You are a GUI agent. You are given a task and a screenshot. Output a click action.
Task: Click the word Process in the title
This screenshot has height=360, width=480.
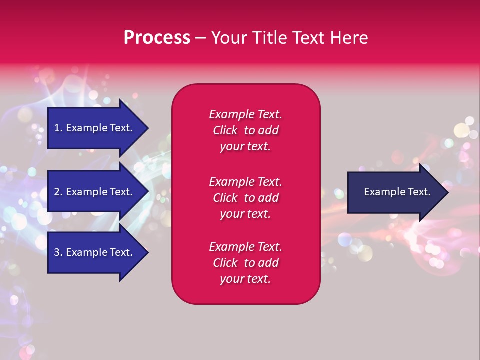coord(157,37)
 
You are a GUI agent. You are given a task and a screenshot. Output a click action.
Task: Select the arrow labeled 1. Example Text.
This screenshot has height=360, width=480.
coord(98,128)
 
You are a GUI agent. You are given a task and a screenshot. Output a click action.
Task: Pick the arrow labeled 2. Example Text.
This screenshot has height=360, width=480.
coord(98,191)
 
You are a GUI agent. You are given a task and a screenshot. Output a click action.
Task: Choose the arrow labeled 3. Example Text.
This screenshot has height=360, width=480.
coord(98,252)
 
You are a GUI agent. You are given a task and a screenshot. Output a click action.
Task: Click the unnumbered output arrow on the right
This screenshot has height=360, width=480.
coord(398,192)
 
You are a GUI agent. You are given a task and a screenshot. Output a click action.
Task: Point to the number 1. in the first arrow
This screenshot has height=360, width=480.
coord(58,128)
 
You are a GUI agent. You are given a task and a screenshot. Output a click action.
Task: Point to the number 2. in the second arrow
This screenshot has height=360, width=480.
coord(58,192)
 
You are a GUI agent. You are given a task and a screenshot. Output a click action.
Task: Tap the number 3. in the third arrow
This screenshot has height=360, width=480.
coord(58,252)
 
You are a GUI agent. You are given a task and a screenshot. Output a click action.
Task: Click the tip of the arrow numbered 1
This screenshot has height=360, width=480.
coord(149,128)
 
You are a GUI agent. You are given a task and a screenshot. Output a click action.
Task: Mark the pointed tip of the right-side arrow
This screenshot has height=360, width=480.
coord(449,192)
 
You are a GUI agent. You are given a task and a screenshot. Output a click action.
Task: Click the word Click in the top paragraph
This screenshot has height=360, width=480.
coord(225,130)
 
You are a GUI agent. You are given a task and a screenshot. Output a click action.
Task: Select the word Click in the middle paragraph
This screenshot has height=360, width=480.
coord(225,198)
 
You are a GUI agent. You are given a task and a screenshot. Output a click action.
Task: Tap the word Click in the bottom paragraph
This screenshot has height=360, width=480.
coord(225,262)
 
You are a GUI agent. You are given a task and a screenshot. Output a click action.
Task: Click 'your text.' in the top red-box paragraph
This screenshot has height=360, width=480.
coord(245,146)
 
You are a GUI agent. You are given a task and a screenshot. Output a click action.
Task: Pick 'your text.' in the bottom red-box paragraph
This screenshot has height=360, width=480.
coord(245,279)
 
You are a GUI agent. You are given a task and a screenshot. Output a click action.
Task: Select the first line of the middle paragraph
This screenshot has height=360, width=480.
coord(245,182)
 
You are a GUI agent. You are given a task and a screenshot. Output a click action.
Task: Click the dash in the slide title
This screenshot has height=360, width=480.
coord(201,39)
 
